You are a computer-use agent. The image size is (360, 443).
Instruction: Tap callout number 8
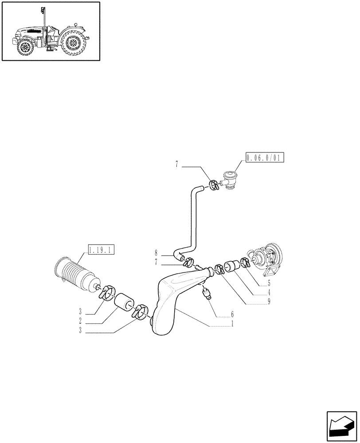click(156, 253)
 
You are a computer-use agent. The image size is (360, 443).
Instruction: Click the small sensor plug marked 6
click(206, 293)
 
